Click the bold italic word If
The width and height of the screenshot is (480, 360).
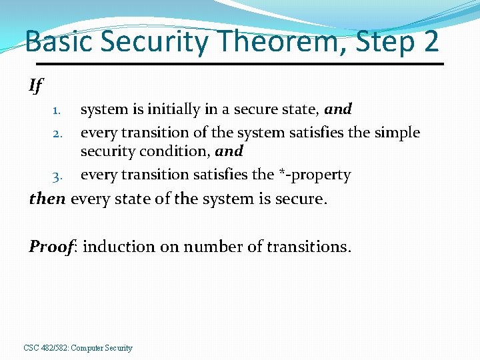point(35,85)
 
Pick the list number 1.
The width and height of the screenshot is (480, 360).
point(57,109)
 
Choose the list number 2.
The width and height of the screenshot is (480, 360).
point(57,133)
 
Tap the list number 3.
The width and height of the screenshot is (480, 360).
point(57,176)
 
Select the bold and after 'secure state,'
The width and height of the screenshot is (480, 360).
point(338,109)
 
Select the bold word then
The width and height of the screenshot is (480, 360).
point(47,199)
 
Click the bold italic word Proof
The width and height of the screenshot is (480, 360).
point(51,247)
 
